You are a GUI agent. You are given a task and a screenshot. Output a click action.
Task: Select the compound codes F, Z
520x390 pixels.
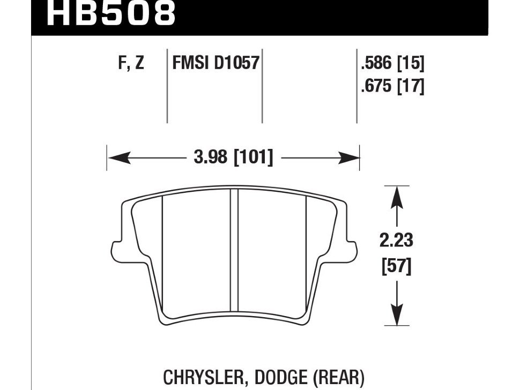click(131, 63)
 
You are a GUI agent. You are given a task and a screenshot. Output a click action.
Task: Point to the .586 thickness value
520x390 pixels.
click(377, 63)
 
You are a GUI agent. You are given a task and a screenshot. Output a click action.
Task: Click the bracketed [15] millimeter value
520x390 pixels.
click(411, 63)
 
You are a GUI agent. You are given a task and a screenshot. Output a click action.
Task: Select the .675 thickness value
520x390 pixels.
click(377, 86)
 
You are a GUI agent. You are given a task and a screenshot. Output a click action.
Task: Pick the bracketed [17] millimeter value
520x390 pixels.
click(411, 86)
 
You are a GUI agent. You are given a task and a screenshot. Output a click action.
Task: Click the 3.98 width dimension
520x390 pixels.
click(211, 157)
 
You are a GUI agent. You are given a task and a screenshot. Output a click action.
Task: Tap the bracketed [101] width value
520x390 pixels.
click(254, 157)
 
